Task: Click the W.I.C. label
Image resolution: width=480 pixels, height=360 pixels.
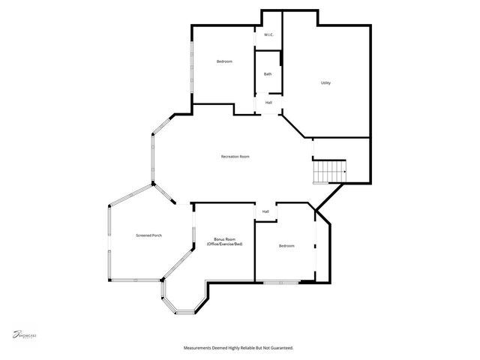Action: tap(268, 36)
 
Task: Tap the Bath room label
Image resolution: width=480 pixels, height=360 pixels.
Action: tap(268, 73)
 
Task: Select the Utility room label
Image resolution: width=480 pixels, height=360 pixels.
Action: tap(325, 83)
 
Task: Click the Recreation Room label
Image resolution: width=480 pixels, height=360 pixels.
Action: tap(235, 157)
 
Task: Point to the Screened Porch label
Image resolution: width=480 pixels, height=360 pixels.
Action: tap(148, 235)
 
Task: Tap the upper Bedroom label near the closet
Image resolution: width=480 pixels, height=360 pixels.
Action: tap(224, 61)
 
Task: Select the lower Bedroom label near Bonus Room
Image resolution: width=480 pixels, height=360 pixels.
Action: tap(286, 246)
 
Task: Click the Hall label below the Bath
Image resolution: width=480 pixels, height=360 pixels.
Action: tap(268, 103)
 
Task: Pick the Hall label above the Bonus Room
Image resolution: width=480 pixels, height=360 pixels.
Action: tap(265, 212)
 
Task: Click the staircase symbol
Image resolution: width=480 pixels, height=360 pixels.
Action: tap(328, 171)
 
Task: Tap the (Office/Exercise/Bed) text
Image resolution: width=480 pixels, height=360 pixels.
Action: tap(225, 245)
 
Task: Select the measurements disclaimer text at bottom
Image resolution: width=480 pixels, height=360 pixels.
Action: tap(238, 348)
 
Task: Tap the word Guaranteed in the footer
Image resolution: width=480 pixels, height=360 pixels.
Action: tap(280, 348)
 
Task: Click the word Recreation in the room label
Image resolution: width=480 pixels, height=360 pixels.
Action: tap(229, 157)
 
